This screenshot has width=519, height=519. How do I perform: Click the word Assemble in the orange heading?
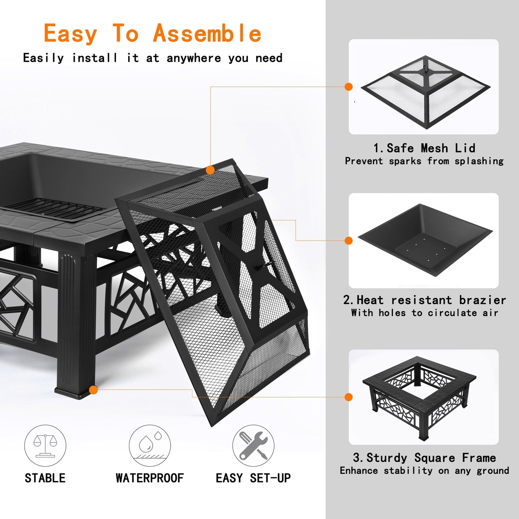[x=207, y=33]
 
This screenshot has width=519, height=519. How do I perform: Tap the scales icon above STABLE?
[x=45, y=446]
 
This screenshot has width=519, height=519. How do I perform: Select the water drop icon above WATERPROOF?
[x=150, y=446]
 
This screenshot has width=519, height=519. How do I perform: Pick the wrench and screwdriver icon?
[x=253, y=446]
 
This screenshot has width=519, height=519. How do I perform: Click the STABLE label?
[x=45, y=478]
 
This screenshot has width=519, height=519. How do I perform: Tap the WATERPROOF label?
[x=150, y=478]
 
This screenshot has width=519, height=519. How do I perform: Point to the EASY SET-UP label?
[x=253, y=478]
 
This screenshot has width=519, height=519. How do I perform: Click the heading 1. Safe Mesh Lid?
[x=424, y=148]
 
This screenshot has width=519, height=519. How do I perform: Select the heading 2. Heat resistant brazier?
[x=424, y=300]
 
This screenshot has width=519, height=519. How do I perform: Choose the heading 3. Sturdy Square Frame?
[x=424, y=458]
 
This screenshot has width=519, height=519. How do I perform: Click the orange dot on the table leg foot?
[x=93, y=390]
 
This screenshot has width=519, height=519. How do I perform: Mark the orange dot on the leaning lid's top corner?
[x=210, y=170]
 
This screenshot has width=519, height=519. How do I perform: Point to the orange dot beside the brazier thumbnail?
[x=348, y=241]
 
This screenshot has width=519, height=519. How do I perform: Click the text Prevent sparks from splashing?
[x=424, y=161]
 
